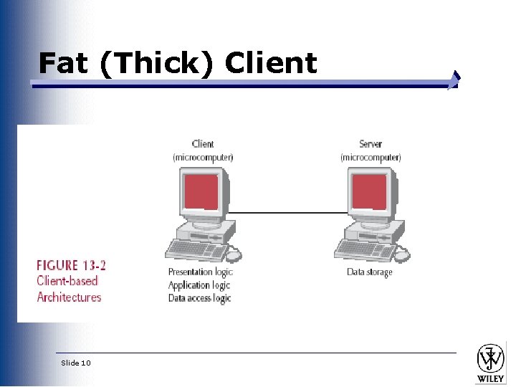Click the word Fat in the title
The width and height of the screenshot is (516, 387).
pyautogui.click(x=64, y=63)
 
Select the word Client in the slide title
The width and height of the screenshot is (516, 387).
pyautogui.click(x=270, y=63)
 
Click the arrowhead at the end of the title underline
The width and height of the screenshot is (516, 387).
pyautogui.click(x=454, y=81)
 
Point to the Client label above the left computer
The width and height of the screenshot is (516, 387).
pyautogui.click(x=203, y=144)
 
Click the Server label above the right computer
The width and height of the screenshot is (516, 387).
pyautogui.click(x=371, y=144)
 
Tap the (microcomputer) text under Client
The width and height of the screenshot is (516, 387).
pyautogui.click(x=203, y=157)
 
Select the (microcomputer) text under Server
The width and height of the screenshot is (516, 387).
pyautogui.click(x=371, y=157)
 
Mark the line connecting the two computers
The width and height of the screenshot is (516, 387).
pyautogui.click(x=290, y=212)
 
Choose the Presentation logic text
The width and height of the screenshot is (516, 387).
pyautogui.click(x=200, y=272)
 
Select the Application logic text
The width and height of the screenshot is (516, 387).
pyautogui.click(x=199, y=285)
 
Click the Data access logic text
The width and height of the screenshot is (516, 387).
pyautogui.click(x=199, y=298)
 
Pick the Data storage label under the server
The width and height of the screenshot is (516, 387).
pyautogui.click(x=370, y=272)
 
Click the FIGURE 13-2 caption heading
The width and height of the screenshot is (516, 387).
pyautogui.click(x=72, y=265)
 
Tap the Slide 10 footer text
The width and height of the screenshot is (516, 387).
pyautogui.click(x=76, y=363)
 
